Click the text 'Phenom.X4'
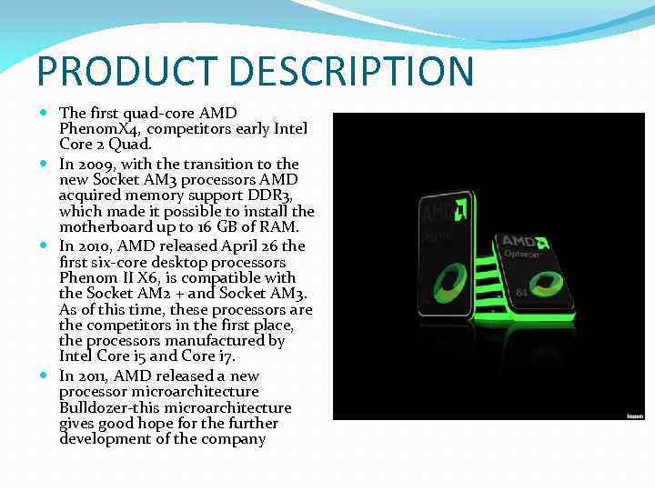point(96,128)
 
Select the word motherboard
point(104,225)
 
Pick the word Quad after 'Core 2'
point(131,145)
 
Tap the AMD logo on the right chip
point(525,242)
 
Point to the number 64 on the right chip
point(521,293)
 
